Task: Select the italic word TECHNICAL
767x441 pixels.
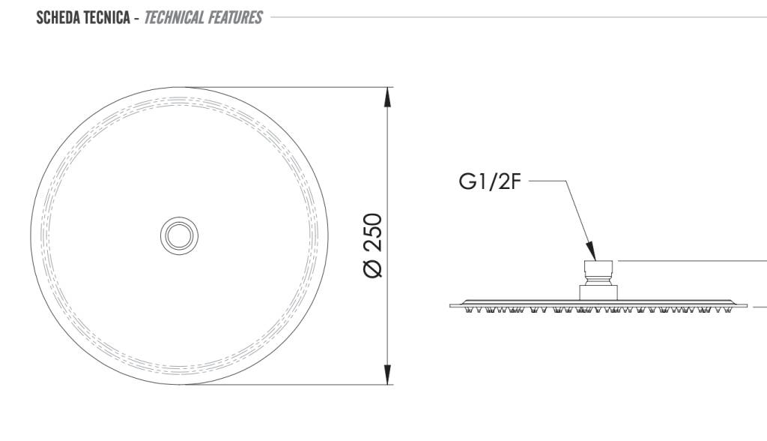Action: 174,18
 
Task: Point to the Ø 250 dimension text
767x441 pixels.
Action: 373,245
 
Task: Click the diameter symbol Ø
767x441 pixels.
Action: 373,268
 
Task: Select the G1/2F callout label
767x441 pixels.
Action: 490,181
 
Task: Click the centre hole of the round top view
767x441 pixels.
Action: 180,235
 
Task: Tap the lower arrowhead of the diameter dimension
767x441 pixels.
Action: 387,375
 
